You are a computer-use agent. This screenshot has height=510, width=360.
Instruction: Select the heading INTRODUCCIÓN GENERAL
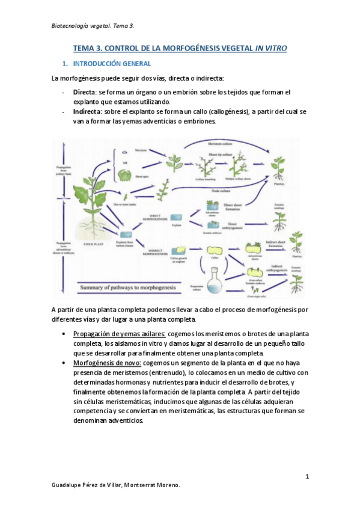(111, 63)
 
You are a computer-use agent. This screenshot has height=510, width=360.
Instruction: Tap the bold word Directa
(85, 92)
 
